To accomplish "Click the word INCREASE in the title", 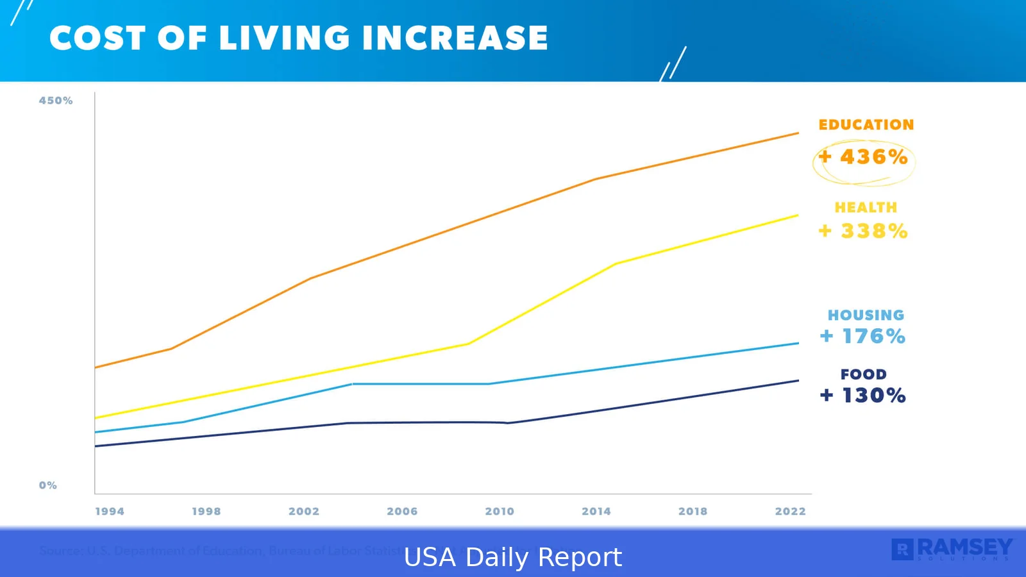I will (455, 38).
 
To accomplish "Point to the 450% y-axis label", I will (56, 101).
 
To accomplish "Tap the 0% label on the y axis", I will (48, 485).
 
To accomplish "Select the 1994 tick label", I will (110, 511).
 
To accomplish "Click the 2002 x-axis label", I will (304, 511).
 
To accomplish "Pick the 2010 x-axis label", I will (500, 511).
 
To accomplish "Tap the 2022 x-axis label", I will (790, 511).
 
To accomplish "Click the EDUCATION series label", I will (866, 125).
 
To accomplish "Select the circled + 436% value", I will (864, 157).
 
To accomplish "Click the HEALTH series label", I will (866, 208).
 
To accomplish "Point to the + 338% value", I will (863, 231).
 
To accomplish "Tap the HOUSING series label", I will (866, 315).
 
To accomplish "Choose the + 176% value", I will (862, 336).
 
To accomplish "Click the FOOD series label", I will (863, 374).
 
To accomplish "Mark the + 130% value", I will (862, 396).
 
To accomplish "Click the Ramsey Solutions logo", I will (952, 549).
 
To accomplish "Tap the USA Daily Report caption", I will (513, 557).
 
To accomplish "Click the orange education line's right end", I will (798, 133).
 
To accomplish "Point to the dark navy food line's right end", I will (798, 381).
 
